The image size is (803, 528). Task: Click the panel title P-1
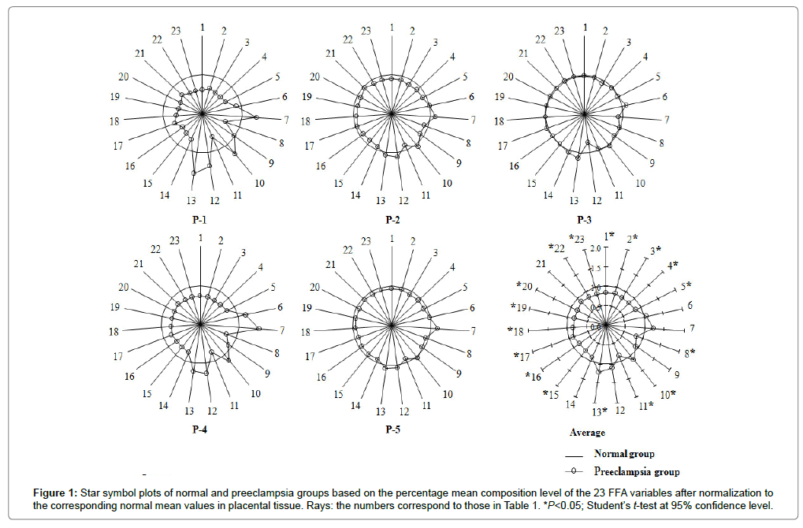point(199,220)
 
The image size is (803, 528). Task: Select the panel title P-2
point(392,220)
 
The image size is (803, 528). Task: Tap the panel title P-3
point(584,220)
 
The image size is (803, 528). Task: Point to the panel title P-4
point(199,429)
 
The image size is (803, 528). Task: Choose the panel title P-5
point(392,429)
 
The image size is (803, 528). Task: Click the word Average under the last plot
point(587,433)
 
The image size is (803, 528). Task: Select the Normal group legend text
point(624,454)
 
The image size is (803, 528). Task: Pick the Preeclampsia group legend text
point(637,471)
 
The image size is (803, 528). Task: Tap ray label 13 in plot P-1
point(191,200)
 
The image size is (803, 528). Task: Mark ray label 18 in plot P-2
point(306,121)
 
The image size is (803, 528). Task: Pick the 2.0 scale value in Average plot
point(596,248)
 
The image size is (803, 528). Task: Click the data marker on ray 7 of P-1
point(256,117)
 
